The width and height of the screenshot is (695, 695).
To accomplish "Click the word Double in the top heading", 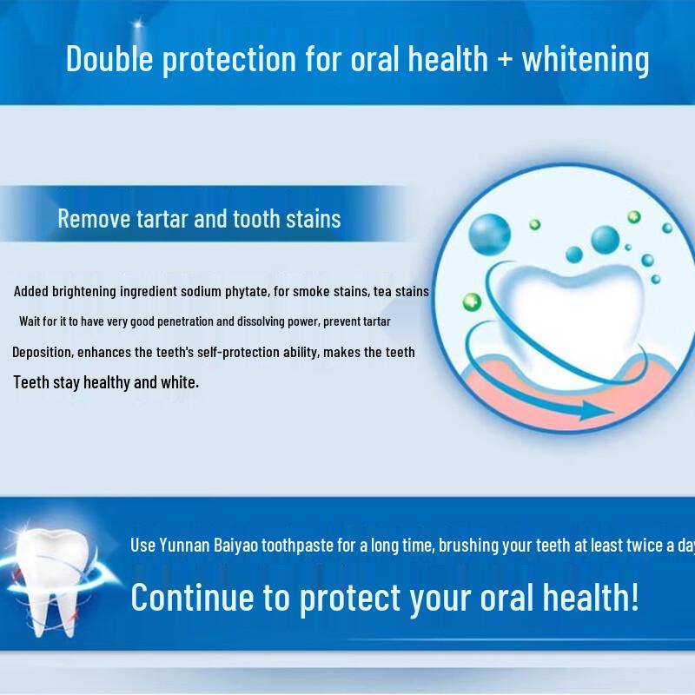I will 109,59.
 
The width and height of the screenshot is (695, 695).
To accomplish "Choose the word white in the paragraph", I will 179,381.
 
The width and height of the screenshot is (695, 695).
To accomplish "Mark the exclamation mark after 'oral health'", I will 635,598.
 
